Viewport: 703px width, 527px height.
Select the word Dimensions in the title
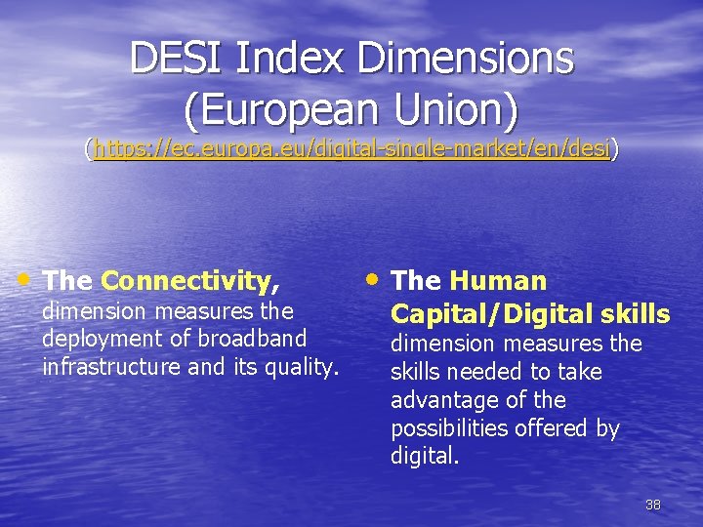(x=466, y=59)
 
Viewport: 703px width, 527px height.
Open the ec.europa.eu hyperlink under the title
(x=351, y=148)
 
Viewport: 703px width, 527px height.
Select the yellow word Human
(x=498, y=281)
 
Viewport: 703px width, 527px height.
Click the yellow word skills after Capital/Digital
(x=635, y=314)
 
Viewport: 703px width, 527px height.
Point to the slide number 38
(x=653, y=505)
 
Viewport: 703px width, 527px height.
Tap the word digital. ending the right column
(x=425, y=457)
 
